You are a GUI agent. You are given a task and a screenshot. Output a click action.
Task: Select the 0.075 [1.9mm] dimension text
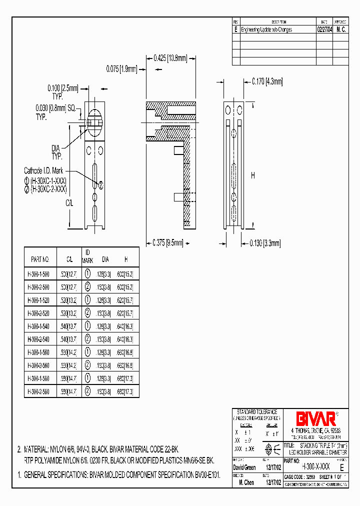tap(121, 69)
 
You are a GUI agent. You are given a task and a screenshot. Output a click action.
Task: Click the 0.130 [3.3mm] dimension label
tap(265, 243)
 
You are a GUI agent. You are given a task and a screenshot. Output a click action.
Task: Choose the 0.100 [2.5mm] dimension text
tap(63, 88)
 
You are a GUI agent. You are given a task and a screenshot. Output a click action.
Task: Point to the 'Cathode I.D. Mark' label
tap(43, 170)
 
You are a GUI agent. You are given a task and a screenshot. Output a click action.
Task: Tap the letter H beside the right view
tap(253, 175)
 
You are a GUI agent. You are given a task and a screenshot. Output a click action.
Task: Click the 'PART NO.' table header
tap(40, 259)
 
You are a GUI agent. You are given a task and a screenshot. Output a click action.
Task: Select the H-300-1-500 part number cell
tap(38, 274)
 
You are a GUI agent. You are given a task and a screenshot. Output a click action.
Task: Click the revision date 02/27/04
tap(324, 29)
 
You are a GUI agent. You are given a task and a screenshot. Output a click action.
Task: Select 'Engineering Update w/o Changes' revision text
tap(266, 29)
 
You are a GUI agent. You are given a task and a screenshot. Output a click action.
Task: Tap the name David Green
tap(245, 468)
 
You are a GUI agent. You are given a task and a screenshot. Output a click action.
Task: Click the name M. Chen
tap(247, 483)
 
